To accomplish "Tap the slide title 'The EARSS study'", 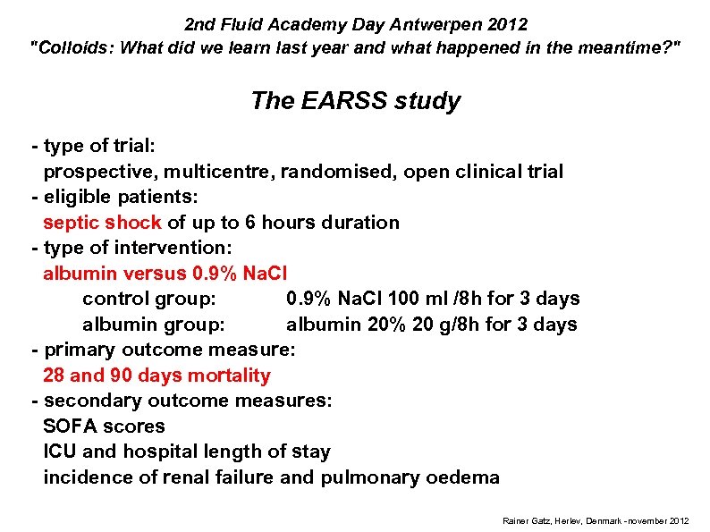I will [356, 100].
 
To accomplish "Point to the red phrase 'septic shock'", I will [102, 222].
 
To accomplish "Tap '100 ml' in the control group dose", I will [426, 299].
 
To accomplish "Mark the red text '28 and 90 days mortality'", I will [156, 376].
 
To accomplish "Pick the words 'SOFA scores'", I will [104, 426].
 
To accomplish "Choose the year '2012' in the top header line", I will [510, 24].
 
